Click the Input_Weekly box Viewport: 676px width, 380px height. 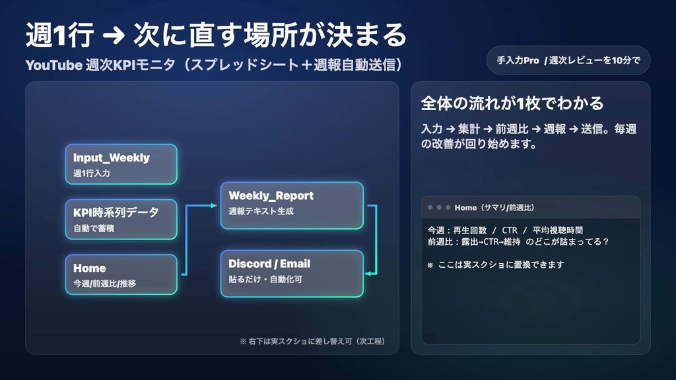click(x=121, y=164)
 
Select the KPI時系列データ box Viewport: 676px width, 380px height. click(x=121, y=219)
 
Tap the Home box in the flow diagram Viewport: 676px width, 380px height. click(x=121, y=274)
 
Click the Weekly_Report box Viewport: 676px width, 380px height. click(x=291, y=205)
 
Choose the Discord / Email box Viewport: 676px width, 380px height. click(x=291, y=273)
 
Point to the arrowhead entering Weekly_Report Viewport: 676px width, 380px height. click(x=214, y=206)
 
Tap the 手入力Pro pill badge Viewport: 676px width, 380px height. click(x=567, y=60)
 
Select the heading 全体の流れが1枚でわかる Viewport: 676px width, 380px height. click(x=512, y=104)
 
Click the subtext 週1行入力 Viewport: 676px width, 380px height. click(x=92, y=174)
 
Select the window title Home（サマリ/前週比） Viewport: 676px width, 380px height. click(x=494, y=207)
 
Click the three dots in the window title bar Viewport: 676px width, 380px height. click(x=438, y=207)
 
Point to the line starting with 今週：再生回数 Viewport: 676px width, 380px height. click(x=505, y=230)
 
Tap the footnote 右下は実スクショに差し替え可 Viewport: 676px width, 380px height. click(x=312, y=342)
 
